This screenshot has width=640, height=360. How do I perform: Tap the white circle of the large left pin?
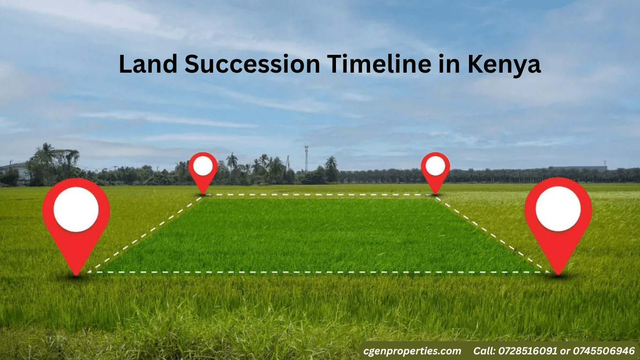76,210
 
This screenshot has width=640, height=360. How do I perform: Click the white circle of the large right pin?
558,209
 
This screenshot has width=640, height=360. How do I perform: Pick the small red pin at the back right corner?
435,168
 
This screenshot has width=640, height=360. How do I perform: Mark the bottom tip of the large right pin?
558,274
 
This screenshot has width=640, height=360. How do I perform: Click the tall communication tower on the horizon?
306,158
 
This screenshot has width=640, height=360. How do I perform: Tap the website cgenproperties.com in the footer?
412,351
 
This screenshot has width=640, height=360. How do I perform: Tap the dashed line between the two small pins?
319,195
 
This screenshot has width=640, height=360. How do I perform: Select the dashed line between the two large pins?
319,272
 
